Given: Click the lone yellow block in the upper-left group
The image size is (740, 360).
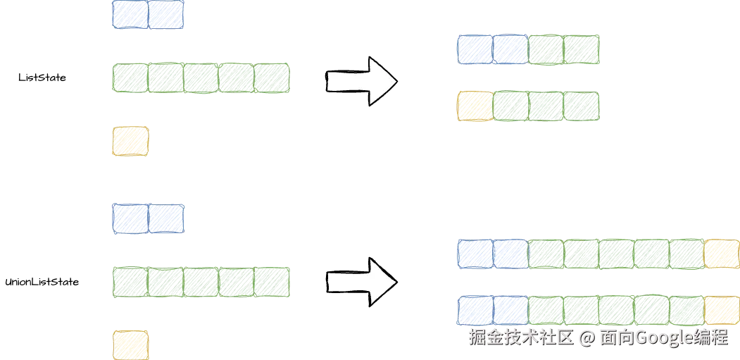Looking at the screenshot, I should click(131, 141).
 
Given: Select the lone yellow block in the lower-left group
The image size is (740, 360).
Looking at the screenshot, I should click(131, 345).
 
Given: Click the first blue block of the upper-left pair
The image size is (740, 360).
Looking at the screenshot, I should click(131, 15).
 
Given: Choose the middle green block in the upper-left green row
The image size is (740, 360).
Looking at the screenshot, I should click(201, 78).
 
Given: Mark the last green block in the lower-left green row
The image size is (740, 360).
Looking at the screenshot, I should click(272, 282).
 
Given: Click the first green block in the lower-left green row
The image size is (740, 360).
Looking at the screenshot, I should click(131, 282).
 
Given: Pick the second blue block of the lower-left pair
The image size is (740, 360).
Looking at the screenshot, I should click(166, 218).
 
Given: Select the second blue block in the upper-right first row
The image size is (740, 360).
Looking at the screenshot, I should click(510, 50).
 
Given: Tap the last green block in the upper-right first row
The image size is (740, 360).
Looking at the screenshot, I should click(582, 50).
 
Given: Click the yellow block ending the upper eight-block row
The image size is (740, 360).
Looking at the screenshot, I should click(722, 254).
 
